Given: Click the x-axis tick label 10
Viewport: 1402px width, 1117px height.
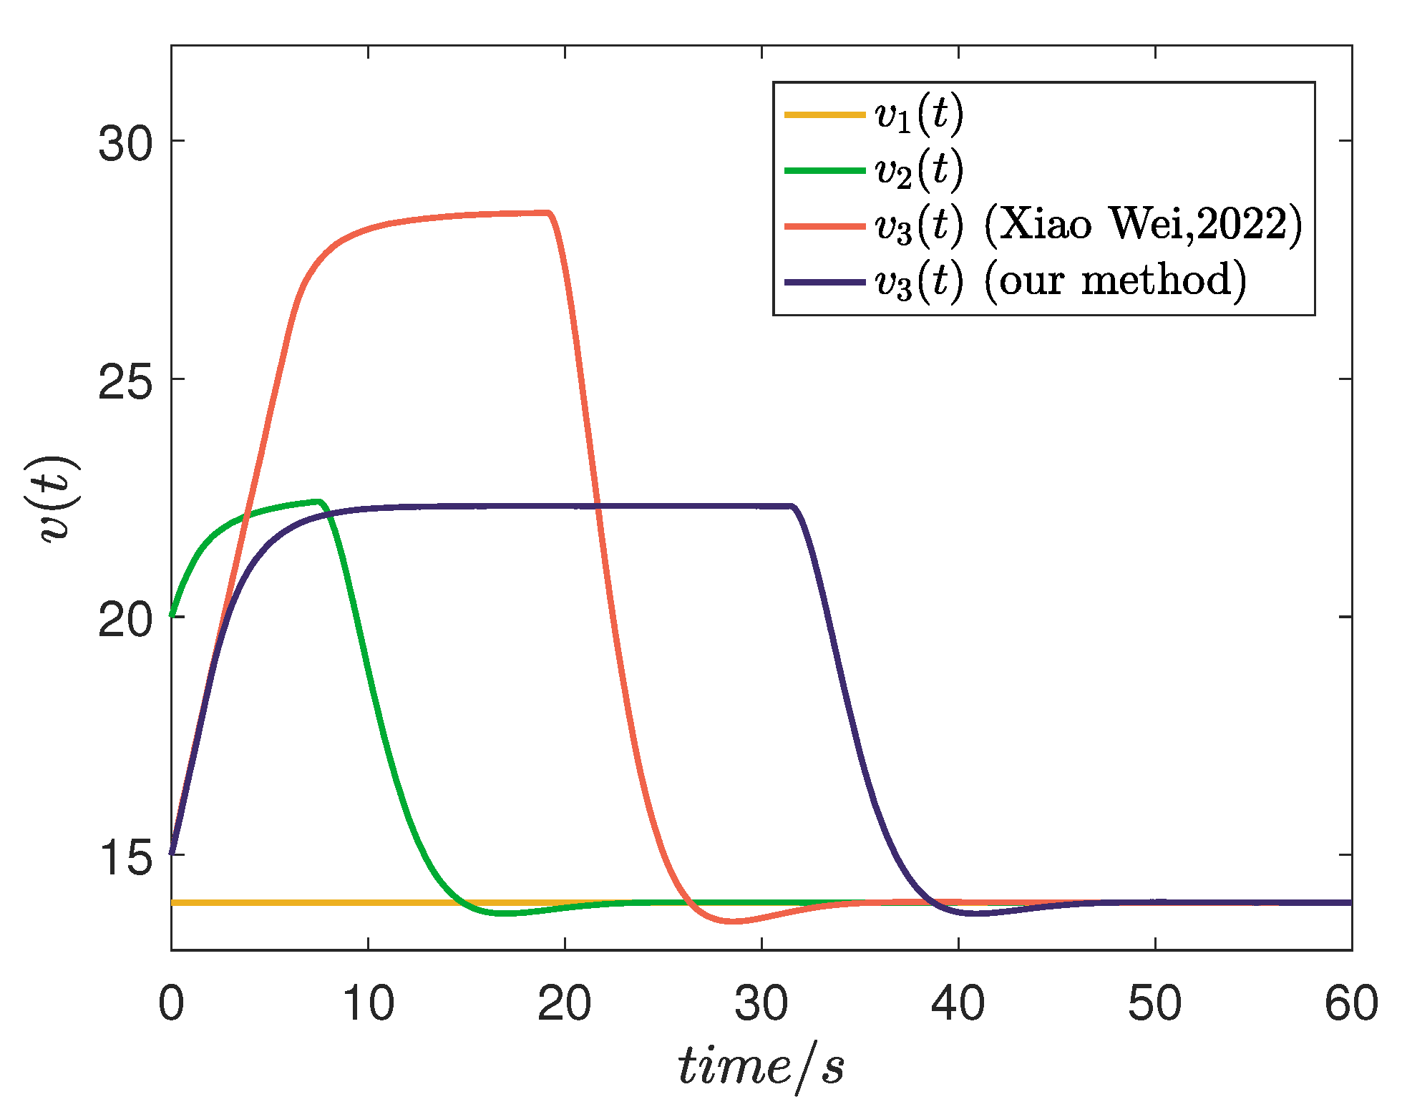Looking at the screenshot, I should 368,1003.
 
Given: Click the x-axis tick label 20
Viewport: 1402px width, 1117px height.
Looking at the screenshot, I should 565,1003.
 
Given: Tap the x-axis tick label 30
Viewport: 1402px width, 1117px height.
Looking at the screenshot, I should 761,1003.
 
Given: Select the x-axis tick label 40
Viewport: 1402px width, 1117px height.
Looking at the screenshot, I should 958,1003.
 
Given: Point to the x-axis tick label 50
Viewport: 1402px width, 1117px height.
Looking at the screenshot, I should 1154,1003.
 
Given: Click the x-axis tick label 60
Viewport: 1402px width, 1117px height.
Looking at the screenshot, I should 1351,1003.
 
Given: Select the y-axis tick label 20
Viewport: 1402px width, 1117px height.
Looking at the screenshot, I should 126,619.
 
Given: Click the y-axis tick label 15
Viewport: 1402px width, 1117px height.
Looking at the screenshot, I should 126,857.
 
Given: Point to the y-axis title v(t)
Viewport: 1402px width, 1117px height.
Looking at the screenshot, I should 59,499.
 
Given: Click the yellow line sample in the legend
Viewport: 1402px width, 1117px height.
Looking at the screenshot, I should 824,114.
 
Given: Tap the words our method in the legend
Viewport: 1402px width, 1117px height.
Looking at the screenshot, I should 1115,281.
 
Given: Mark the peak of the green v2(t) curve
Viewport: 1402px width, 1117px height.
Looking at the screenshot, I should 318,502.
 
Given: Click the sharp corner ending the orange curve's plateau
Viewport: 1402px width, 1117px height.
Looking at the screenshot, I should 549,213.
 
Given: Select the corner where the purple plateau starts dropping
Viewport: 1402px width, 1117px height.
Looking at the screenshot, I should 793,507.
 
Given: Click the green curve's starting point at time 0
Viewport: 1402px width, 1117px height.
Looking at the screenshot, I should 172,615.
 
